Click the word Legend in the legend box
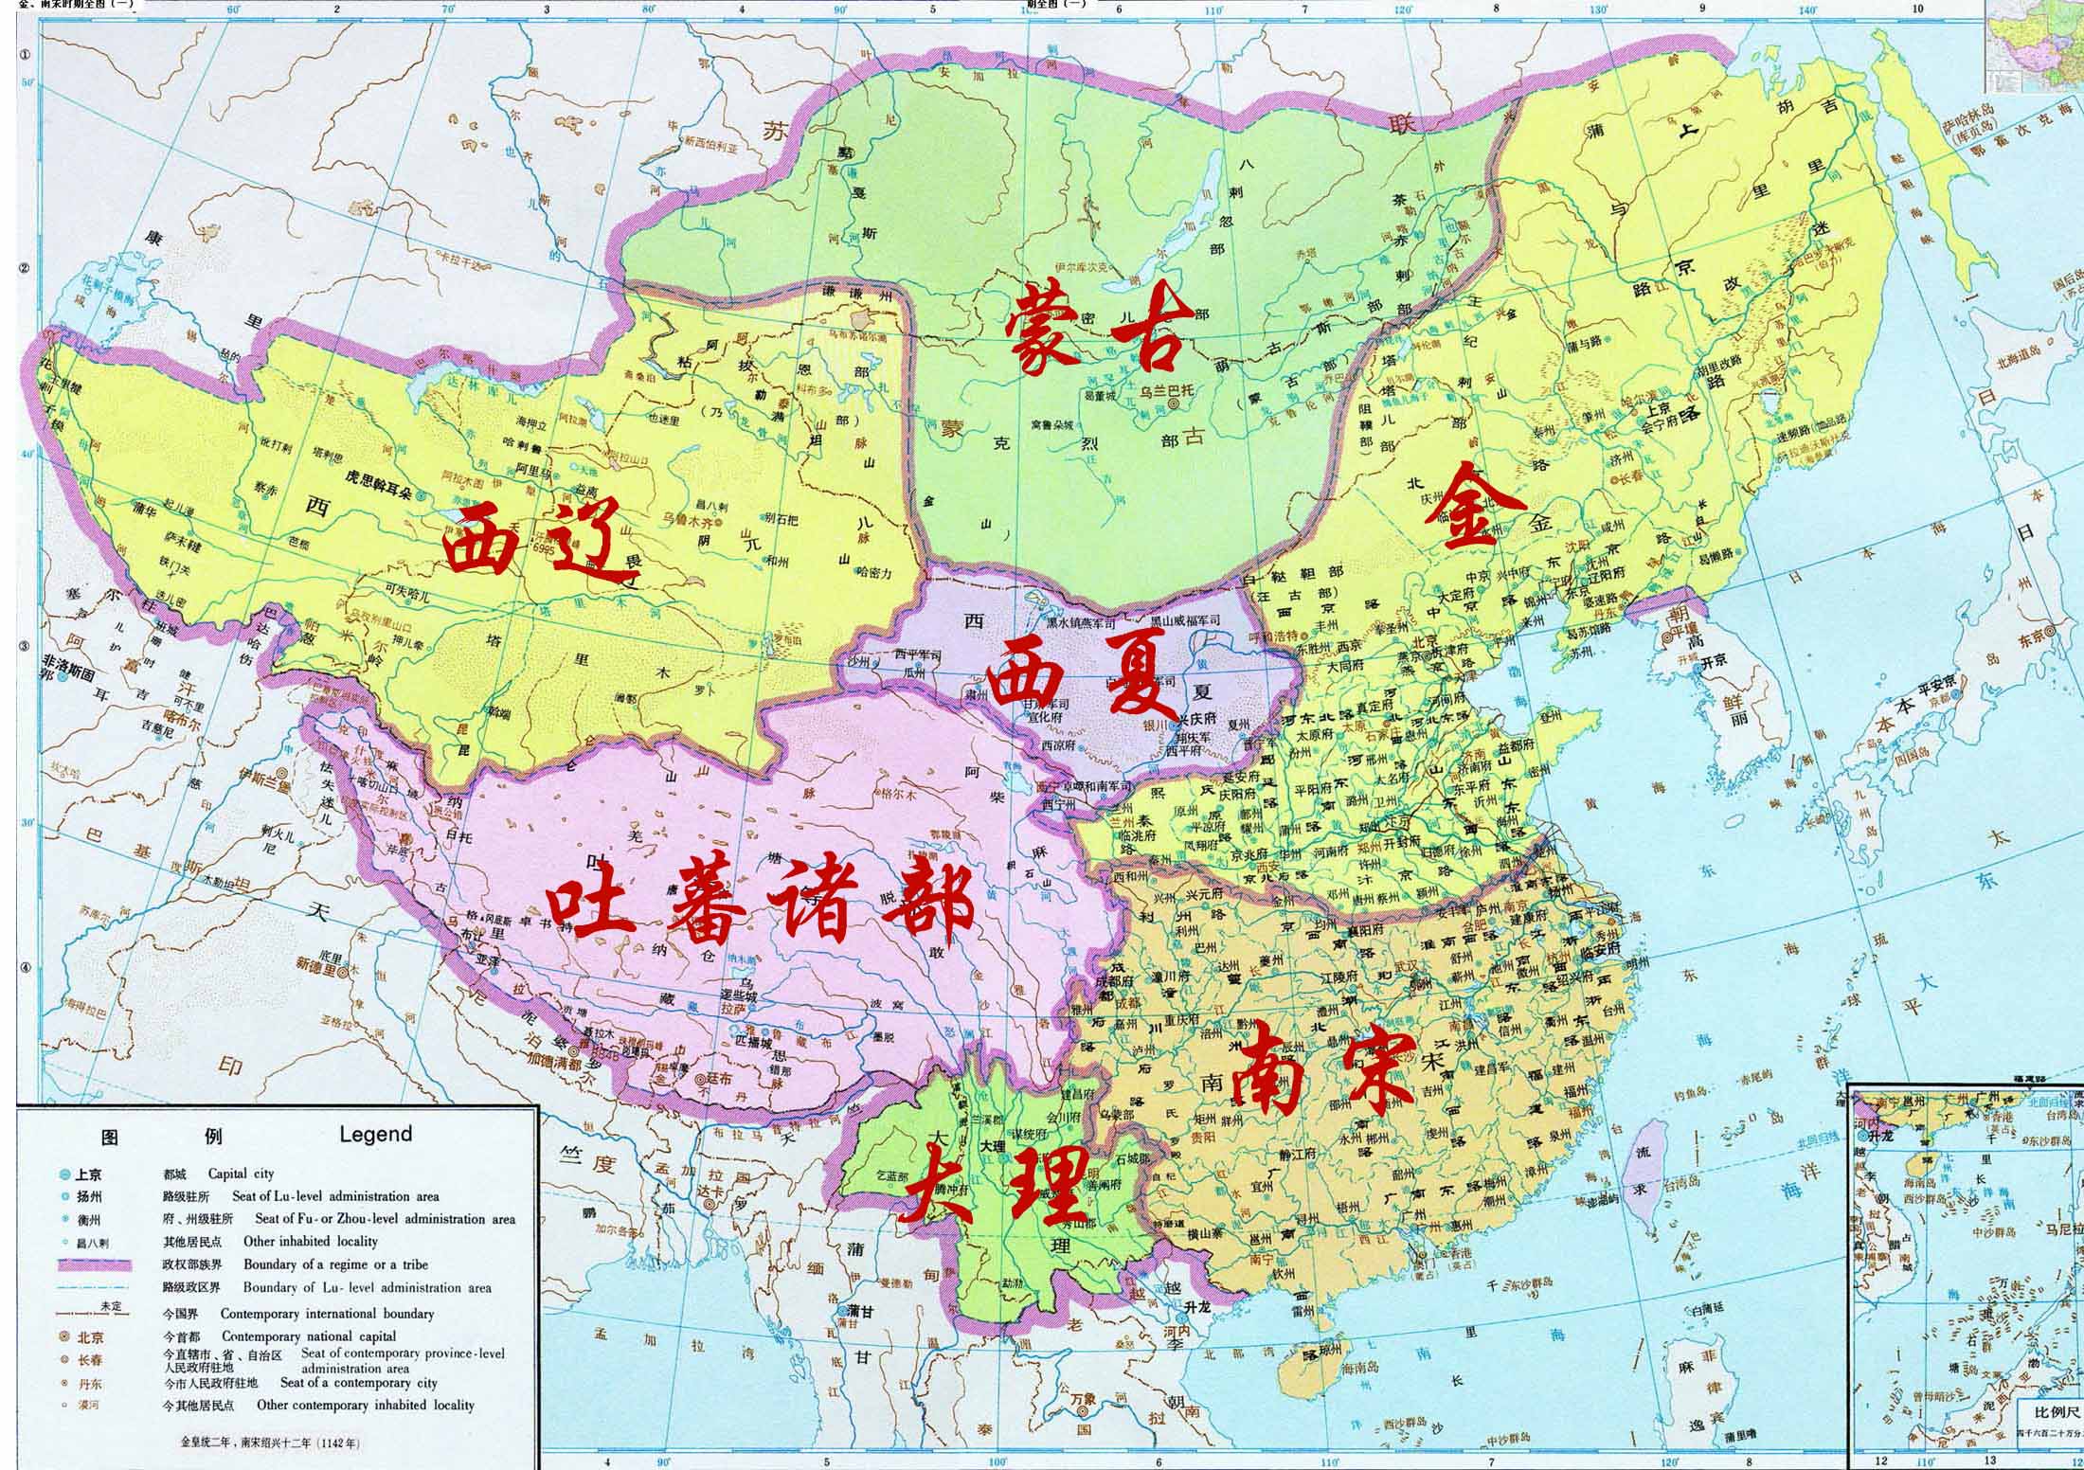tap(376, 1134)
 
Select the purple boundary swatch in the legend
tap(95, 1264)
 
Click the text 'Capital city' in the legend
tap(241, 1173)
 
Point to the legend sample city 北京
tap(90, 1338)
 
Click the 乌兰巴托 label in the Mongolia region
tap(1167, 387)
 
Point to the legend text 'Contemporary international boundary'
tap(327, 1314)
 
